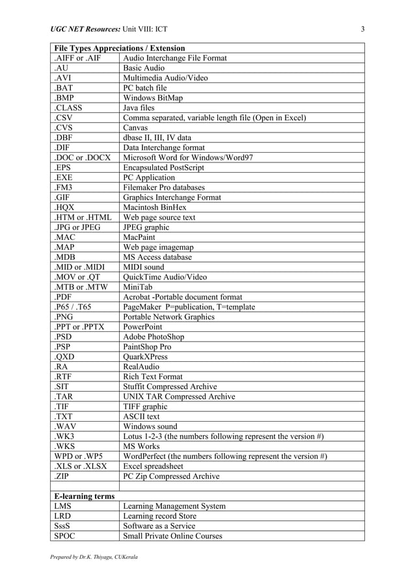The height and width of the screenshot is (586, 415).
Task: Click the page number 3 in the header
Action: point(363,29)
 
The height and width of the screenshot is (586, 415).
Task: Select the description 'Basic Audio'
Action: point(144,68)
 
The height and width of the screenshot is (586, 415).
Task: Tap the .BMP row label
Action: point(65,98)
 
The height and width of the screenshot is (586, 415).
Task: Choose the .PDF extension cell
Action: point(64,297)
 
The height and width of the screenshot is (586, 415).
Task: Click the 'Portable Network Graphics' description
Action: point(168,316)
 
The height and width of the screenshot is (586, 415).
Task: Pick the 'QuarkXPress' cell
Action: point(145,357)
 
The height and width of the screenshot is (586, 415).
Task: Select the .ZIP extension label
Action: point(63,476)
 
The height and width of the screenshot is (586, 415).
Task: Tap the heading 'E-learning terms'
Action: point(85,496)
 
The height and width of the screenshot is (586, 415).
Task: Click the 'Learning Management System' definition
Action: point(174,506)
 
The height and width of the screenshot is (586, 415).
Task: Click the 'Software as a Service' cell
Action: point(159,526)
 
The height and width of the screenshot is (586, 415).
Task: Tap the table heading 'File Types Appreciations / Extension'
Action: point(120,48)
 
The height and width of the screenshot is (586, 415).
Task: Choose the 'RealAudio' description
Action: point(142,366)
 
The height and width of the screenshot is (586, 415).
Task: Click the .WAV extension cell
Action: point(65,426)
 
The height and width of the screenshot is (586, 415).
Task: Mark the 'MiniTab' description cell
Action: point(139,287)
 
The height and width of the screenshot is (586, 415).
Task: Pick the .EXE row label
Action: point(64,177)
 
